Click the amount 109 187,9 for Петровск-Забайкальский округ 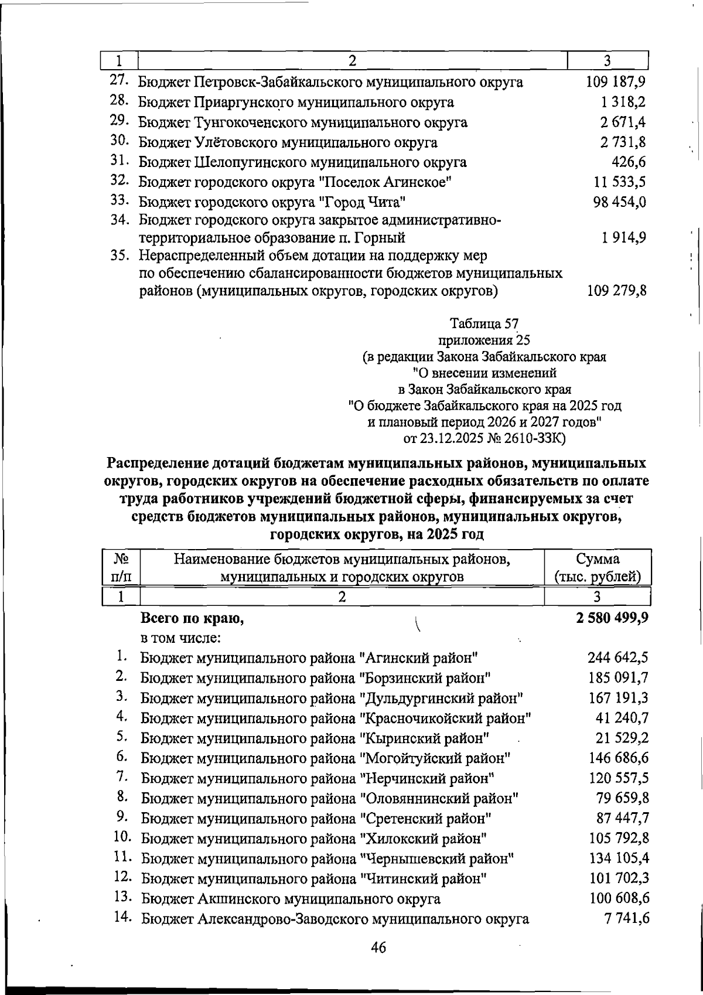tap(616, 82)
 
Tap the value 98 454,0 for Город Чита tap(620, 202)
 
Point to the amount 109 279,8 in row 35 tap(616, 290)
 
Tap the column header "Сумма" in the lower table tap(597, 558)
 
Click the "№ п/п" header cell tap(120, 567)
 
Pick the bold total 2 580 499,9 tap(611, 618)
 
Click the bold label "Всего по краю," tap(192, 618)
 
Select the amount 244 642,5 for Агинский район tap(617, 658)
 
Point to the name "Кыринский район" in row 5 tap(426, 738)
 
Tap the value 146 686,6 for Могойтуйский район tap(617, 758)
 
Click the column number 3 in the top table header tap(608, 60)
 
